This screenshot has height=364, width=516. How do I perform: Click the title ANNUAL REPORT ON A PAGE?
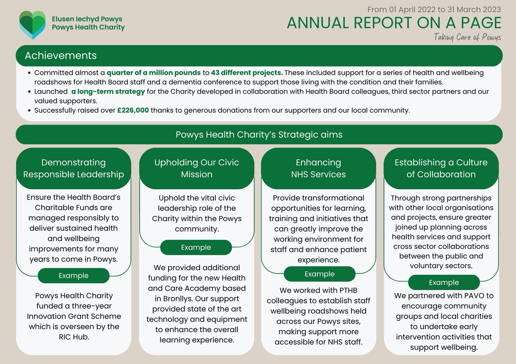394,23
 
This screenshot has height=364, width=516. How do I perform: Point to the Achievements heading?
61,56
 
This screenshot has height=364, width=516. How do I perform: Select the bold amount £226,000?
133,110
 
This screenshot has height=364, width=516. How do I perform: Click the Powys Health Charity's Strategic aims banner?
259,135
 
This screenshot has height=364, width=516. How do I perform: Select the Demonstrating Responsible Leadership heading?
74,168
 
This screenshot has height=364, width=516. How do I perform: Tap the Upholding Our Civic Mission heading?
197,168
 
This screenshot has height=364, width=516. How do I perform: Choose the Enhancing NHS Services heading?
318,168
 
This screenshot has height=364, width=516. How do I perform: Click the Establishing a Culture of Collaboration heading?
441,168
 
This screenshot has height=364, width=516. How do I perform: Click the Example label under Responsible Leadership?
74,276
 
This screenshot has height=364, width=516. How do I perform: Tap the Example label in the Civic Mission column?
196,248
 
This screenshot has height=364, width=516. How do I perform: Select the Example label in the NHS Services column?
319,274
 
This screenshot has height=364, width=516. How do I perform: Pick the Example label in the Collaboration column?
444,282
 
